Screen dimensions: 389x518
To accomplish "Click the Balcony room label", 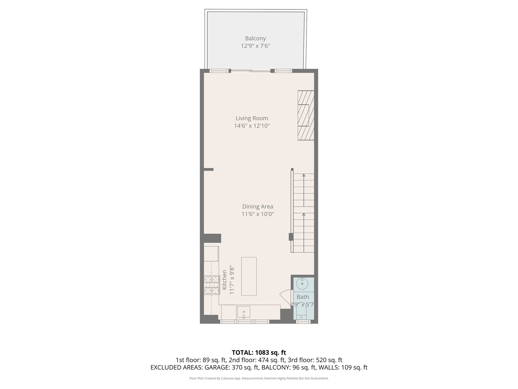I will pos(255,38).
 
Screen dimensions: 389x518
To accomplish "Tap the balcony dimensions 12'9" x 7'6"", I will pos(255,46).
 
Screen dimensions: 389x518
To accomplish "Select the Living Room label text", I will pos(252,118).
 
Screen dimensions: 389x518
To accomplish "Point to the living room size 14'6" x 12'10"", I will pos(252,126).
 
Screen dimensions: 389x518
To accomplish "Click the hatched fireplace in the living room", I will pos(306,115).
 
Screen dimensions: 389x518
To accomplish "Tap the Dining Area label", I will pos(257,207).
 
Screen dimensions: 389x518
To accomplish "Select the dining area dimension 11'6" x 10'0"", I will pos(257,214).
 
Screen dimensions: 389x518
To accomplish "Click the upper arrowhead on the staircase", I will pos(304,175).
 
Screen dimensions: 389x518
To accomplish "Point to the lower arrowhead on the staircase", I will pos(304,215).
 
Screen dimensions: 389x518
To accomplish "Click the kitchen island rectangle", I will pos(249,276).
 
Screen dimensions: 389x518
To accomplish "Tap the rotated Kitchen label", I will pos(224,280).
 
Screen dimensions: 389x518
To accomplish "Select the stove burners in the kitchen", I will pos(212,285).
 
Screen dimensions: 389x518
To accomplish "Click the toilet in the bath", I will pos(301,314).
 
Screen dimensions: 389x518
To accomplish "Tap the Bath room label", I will pos(303,297).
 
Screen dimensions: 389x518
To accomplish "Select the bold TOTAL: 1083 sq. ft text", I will pos(259,353).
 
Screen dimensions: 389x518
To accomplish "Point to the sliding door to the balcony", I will pos(250,71).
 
